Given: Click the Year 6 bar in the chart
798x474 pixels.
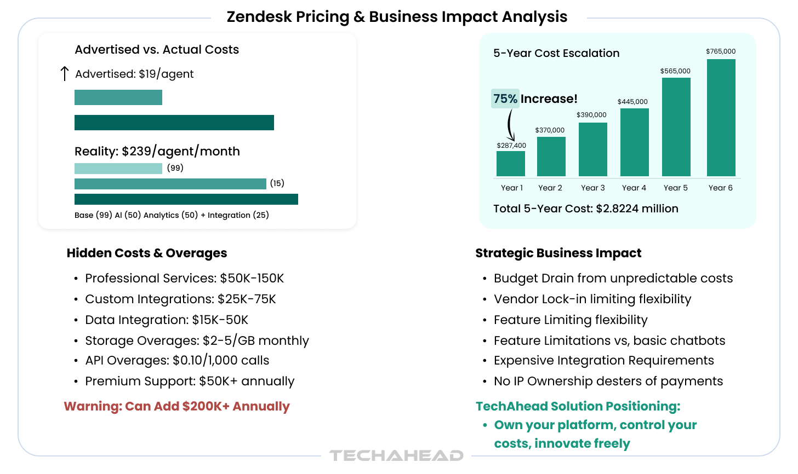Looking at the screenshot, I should pyautogui.click(x=721, y=117).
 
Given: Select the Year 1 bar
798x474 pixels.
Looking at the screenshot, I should pyautogui.click(x=510, y=163).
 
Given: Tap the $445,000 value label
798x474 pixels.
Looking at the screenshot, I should pyautogui.click(x=632, y=102).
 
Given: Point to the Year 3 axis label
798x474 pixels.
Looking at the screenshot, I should pyautogui.click(x=592, y=188).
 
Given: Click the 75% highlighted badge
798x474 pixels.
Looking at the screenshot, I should pyautogui.click(x=505, y=99).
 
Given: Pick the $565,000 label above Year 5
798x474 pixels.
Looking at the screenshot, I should pyautogui.click(x=675, y=71).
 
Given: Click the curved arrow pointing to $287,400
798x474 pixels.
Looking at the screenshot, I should pyautogui.click(x=511, y=125).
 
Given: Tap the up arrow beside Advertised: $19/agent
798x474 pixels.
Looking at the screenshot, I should pyautogui.click(x=64, y=74).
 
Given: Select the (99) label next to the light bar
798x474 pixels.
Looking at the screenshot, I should pyautogui.click(x=175, y=168).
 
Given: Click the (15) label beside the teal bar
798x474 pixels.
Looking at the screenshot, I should pyautogui.click(x=277, y=183).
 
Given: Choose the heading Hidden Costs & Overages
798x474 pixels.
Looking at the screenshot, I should pyautogui.click(x=146, y=253).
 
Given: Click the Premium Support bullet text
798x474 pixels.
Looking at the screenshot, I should pyautogui.click(x=190, y=381).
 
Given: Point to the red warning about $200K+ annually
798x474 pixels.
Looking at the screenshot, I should pyautogui.click(x=176, y=406).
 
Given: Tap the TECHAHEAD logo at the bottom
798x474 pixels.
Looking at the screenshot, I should pyautogui.click(x=396, y=455).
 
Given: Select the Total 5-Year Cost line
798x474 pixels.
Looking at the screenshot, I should pyautogui.click(x=585, y=209).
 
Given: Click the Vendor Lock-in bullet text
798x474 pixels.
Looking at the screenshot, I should pyautogui.click(x=592, y=299).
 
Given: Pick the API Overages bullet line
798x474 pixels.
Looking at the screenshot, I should pyautogui.click(x=177, y=360).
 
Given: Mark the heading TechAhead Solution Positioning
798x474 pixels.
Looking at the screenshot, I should pyautogui.click(x=578, y=406).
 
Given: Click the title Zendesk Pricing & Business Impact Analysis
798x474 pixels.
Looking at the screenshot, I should pyautogui.click(x=397, y=17).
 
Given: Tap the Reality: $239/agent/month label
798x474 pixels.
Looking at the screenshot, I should pyautogui.click(x=157, y=151).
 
